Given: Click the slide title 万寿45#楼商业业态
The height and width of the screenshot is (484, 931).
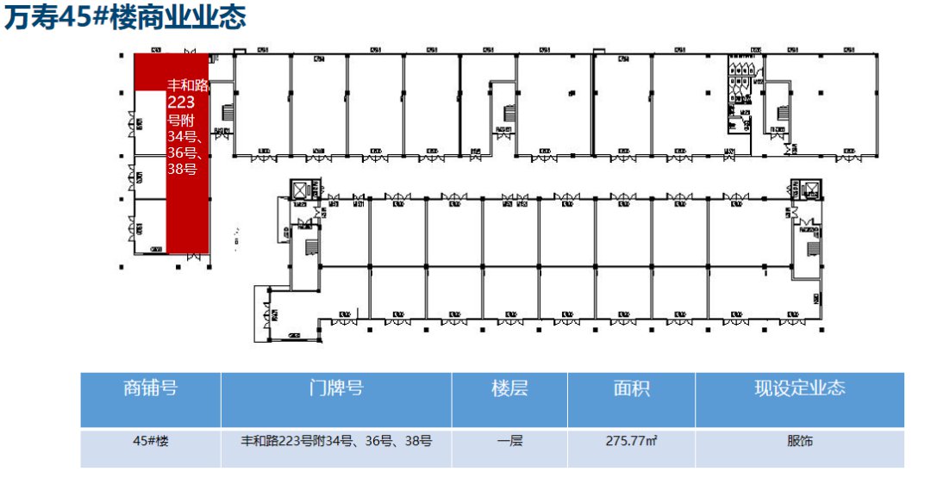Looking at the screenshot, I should click(x=125, y=18).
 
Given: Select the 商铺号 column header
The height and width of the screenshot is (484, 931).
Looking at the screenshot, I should click(x=151, y=388).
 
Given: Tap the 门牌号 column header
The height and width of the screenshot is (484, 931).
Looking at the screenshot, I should click(x=336, y=388).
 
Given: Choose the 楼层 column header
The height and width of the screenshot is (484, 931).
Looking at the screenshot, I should click(x=509, y=388).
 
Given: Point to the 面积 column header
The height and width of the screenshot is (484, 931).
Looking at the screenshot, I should click(x=631, y=388).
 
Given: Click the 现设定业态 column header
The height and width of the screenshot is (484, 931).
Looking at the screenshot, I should click(x=799, y=388).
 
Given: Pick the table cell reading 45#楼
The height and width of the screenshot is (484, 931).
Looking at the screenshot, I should click(x=151, y=441).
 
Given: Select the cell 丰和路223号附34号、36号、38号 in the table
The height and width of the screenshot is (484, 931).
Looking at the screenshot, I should click(x=336, y=441).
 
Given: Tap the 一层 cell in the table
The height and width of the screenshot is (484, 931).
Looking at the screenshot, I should click(x=509, y=441).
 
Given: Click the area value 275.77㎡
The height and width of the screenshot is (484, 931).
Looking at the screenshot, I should click(x=631, y=441).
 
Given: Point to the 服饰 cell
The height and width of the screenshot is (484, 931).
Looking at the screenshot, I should click(x=799, y=441).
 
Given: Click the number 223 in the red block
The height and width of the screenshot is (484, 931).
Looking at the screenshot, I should click(x=182, y=102).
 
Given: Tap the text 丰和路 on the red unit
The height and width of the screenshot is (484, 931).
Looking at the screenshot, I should click(x=188, y=85).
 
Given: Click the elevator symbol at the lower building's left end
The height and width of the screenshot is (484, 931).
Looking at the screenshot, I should click(x=299, y=190).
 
